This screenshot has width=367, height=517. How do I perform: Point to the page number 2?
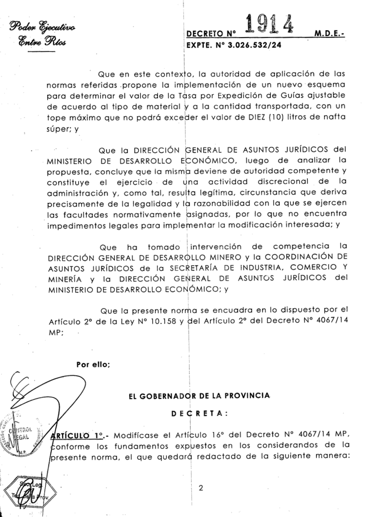[x=200, y=489]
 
